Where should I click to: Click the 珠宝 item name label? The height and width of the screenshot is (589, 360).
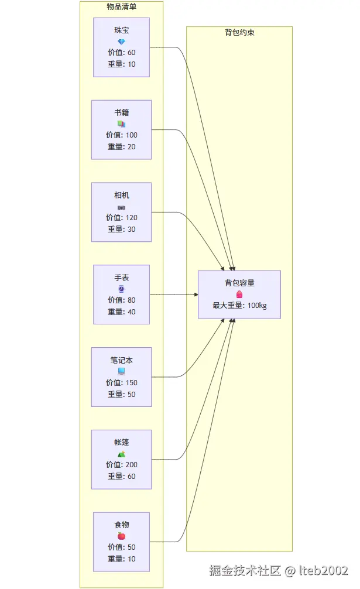click(121, 30)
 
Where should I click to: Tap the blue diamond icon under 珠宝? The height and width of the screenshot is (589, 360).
click(121, 42)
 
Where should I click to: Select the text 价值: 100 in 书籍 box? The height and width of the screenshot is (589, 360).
click(121, 135)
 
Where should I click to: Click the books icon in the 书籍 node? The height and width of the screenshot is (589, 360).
click(121, 124)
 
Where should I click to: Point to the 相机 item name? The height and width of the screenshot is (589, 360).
click(121, 195)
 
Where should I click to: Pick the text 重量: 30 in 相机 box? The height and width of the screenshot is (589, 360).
click(121, 230)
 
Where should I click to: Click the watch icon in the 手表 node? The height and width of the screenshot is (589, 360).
click(121, 289)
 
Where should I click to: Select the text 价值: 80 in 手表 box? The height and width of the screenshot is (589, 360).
click(121, 300)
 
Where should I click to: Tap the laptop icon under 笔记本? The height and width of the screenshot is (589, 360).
click(121, 371)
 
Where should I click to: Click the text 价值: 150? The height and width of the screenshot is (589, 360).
click(121, 383)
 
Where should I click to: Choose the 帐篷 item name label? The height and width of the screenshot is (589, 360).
click(121, 443)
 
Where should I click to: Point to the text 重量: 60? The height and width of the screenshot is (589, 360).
click(121, 477)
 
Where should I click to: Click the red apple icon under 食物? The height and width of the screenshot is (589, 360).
click(121, 536)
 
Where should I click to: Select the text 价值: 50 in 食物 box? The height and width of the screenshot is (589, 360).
click(121, 547)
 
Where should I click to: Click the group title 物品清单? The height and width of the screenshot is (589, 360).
click(121, 6)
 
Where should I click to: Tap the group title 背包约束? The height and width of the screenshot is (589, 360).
click(239, 32)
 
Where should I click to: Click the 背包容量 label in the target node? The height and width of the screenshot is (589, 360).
click(239, 283)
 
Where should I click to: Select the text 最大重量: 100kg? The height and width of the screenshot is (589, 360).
click(239, 306)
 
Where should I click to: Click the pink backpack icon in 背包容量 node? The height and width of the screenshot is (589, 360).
click(239, 294)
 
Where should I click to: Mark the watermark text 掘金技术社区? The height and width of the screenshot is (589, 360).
click(245, 570)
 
